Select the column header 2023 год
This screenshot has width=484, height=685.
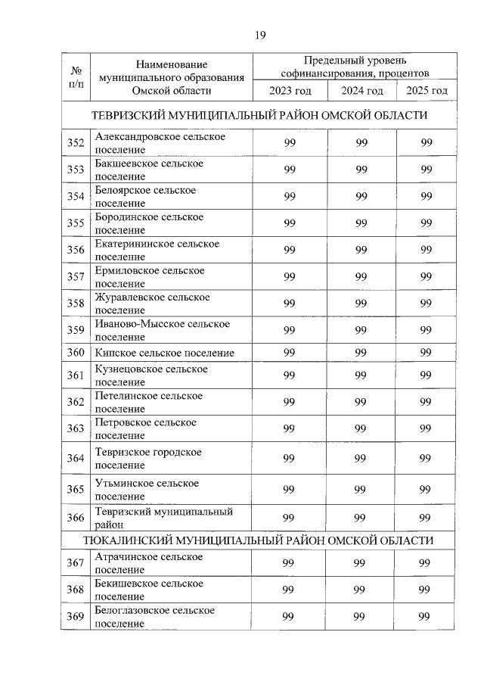click(290, 91)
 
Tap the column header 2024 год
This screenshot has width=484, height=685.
click(361, 91)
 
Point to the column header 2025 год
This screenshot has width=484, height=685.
click(427, 91)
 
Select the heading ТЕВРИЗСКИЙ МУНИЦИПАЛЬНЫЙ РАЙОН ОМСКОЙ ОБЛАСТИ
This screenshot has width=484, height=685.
click(259, 115)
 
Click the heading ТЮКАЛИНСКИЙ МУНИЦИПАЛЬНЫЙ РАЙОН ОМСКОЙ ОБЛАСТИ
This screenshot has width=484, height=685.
click(259, 540)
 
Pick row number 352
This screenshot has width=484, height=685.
click(76, 143)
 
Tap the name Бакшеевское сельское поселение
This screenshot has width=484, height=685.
click(148, 170)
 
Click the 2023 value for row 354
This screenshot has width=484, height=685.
click(290, 197)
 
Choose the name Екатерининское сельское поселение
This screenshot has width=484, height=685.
click(157, 250)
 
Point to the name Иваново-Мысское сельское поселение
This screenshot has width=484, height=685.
click(162, 330)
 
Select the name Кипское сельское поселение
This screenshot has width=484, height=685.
click(164, 353)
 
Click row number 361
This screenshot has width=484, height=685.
click(76, 375)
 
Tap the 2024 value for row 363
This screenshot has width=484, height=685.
click(361, 428)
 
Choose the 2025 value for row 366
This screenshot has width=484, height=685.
click(427, 518)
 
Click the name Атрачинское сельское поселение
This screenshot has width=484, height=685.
click(148, 563)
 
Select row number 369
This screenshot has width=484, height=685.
click(76, 616)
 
